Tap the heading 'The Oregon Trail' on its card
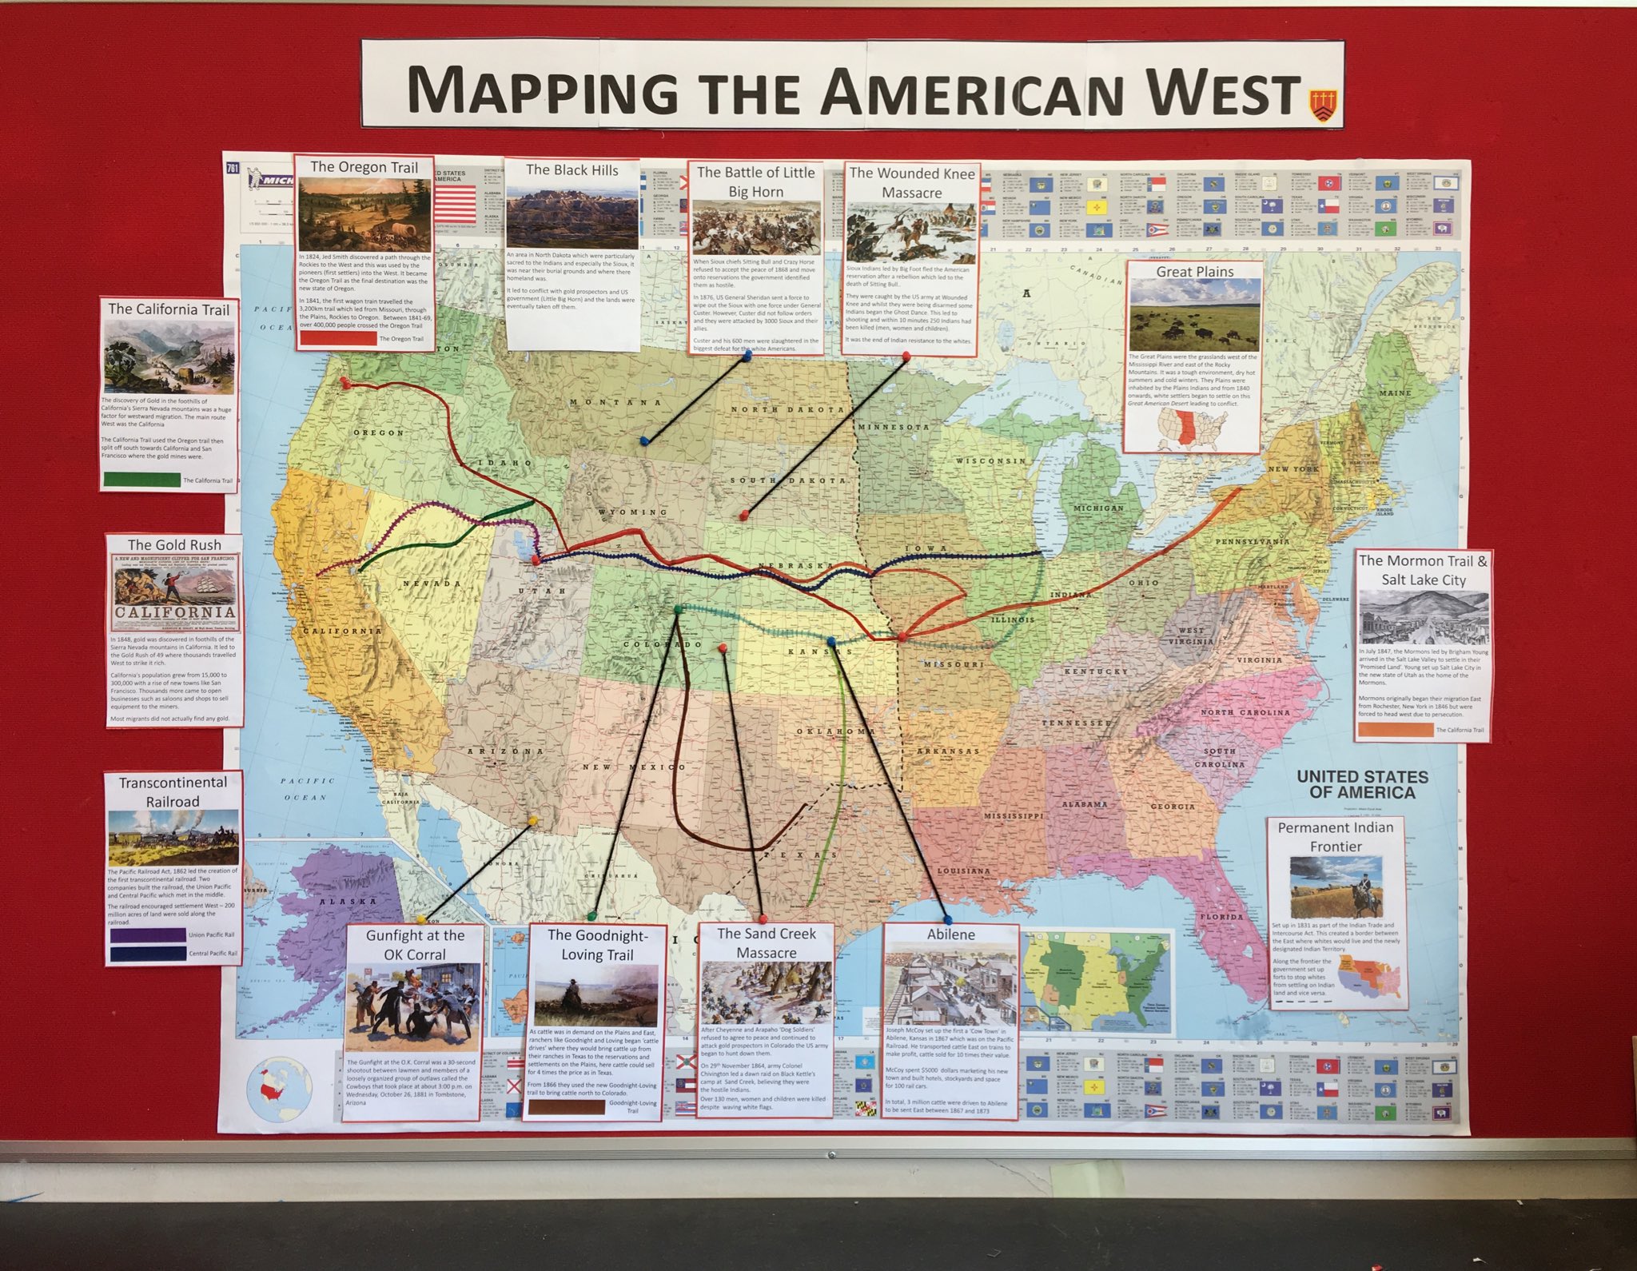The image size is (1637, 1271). pos(364,167)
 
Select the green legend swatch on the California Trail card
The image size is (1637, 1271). pos(141,480)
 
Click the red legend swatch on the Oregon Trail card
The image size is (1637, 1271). pos(337,338)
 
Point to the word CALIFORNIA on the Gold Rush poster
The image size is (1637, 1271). pos(175,612)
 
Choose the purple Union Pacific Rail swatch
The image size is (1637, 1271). pos(148,934)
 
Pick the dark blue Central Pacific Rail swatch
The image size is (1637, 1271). pos(148,954)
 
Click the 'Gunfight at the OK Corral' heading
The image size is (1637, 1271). pos(415,945)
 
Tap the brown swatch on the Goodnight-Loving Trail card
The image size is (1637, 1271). pos(566,1107)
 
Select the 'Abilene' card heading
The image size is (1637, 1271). pos(950,934)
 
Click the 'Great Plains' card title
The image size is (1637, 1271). pos(1194,272)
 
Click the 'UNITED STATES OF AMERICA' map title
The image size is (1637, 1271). pos(1361,784)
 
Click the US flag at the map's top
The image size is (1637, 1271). pos(453,199)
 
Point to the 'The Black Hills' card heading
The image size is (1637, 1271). pos(572,170)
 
